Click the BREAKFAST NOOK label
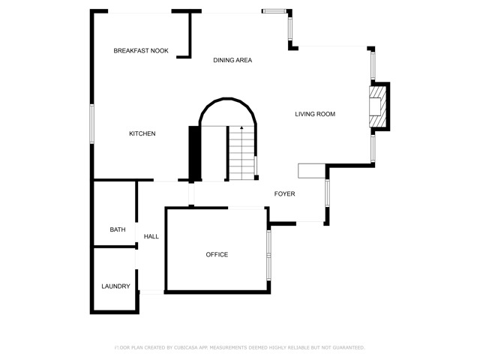click(x=141, y=51)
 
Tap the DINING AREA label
click(x=232, y=60)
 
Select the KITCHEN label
click(x=142, y=133)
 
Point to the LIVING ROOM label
click(x=315, y=114)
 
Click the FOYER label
click(x=285, y=193)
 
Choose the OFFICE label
click(x=217, y=255)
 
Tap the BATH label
click(x=118, y=229)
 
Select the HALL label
click(x=151, y=236)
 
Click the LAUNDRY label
click(x=115, y=286)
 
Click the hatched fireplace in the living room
click(x=377, y=106)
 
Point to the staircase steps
click(x=241, y=153)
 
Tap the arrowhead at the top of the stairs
click(x=241, y=127)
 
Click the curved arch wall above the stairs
click(x=228, y=99)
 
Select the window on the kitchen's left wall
click(x=91, y=124)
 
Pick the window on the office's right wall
click(x=268, y=255)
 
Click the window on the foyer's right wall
click(x=327, y=193)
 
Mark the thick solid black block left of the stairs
click(x=193, y=153)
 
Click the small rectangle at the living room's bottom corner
click(x=312, y=171)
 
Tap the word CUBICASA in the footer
click(x=186, y=348)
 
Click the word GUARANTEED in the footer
click(x=349, y=348)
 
